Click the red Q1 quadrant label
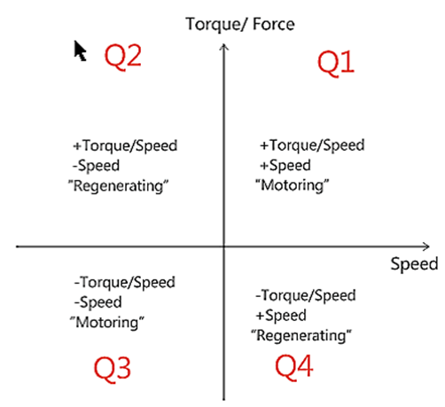(x=336, y=63)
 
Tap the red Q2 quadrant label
(x=123, y=57)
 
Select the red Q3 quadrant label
(x=113, y=369)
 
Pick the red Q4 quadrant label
(x=293, y=367)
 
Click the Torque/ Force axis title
(x=240, y=24)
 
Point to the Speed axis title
(x=414, y=263)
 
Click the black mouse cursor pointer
(x=80, y=51)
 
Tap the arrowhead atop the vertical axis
(x=224, y=47)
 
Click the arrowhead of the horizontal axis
(x=425, y=247)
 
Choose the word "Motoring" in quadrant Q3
(x=107, y=322)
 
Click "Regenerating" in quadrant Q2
(x=118, y=186)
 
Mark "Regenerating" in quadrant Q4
(x=301, y=336)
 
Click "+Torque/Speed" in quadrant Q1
(x=312, y=145)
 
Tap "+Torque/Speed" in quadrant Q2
(x=125, y=145)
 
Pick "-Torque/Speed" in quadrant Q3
(x=125, y=282)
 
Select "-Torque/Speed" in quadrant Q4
(x=306, y=295)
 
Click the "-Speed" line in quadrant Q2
(x=97, y=166)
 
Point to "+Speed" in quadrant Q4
(x=281, y=316)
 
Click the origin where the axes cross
(x=224, y=247)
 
